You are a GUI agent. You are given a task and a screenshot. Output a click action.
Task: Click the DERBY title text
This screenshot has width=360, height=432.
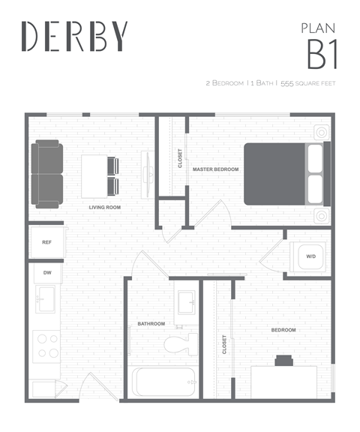point(74,35)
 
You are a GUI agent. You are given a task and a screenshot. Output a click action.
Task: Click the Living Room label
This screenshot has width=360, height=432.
point(105,207)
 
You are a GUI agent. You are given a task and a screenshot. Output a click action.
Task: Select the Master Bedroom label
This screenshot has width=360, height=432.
point(215,169)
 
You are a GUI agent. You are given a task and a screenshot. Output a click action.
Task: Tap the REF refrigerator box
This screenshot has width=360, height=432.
point(46,242)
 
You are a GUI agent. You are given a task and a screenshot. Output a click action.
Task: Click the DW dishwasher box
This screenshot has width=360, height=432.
point(46,272)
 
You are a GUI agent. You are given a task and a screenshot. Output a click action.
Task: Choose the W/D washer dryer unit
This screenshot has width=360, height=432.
point(310,256)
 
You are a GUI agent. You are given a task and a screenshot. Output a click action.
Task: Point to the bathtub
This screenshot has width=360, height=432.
point(163,382)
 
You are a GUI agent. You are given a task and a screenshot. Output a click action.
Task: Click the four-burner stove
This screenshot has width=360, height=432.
point(48,346)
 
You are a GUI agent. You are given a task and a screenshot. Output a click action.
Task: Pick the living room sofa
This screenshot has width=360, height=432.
point(46,175)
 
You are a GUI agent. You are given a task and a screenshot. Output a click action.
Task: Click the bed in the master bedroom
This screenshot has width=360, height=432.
point(286,172)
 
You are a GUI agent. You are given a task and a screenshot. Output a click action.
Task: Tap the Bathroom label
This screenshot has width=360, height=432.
point(151,324)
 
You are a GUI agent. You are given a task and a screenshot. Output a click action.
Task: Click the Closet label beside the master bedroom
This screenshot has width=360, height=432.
point(180,157)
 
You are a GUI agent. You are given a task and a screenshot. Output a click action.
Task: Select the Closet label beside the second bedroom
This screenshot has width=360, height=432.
point(224,343)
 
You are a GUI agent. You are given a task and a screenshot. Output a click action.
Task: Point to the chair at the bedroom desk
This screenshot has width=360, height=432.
point(283,360)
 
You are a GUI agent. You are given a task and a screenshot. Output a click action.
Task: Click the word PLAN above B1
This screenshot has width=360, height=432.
point(316,28)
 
